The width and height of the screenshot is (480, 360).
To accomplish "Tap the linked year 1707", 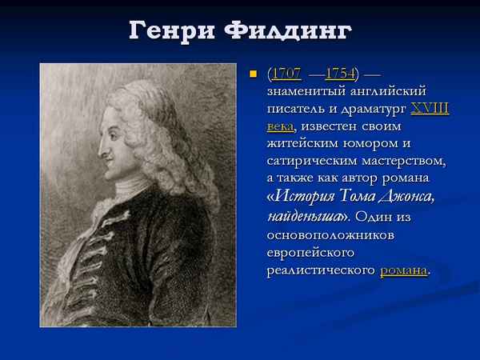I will (286, 74).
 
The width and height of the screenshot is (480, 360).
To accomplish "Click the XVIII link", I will (430, 109).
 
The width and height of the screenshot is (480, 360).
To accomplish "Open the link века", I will (280, 126).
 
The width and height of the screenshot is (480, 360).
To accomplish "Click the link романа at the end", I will (404, 270).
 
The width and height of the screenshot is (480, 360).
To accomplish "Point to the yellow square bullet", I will (252, 74).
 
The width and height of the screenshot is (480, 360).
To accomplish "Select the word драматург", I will (374, 109).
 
